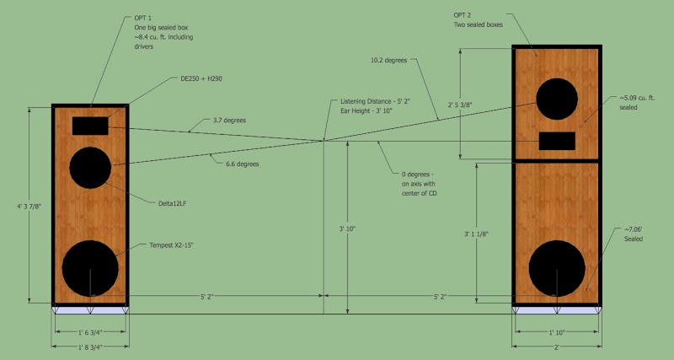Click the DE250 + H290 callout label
[195, 78]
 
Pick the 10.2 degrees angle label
[388, 61]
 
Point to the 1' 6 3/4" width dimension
[91, 332]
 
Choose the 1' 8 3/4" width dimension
[91, 347]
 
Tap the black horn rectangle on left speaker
[91, 126]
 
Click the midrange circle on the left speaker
[91, 167]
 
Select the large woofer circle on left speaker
[90, 267]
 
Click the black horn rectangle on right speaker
[558, 140]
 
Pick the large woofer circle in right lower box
[557, 268]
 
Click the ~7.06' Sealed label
[633, 234]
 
